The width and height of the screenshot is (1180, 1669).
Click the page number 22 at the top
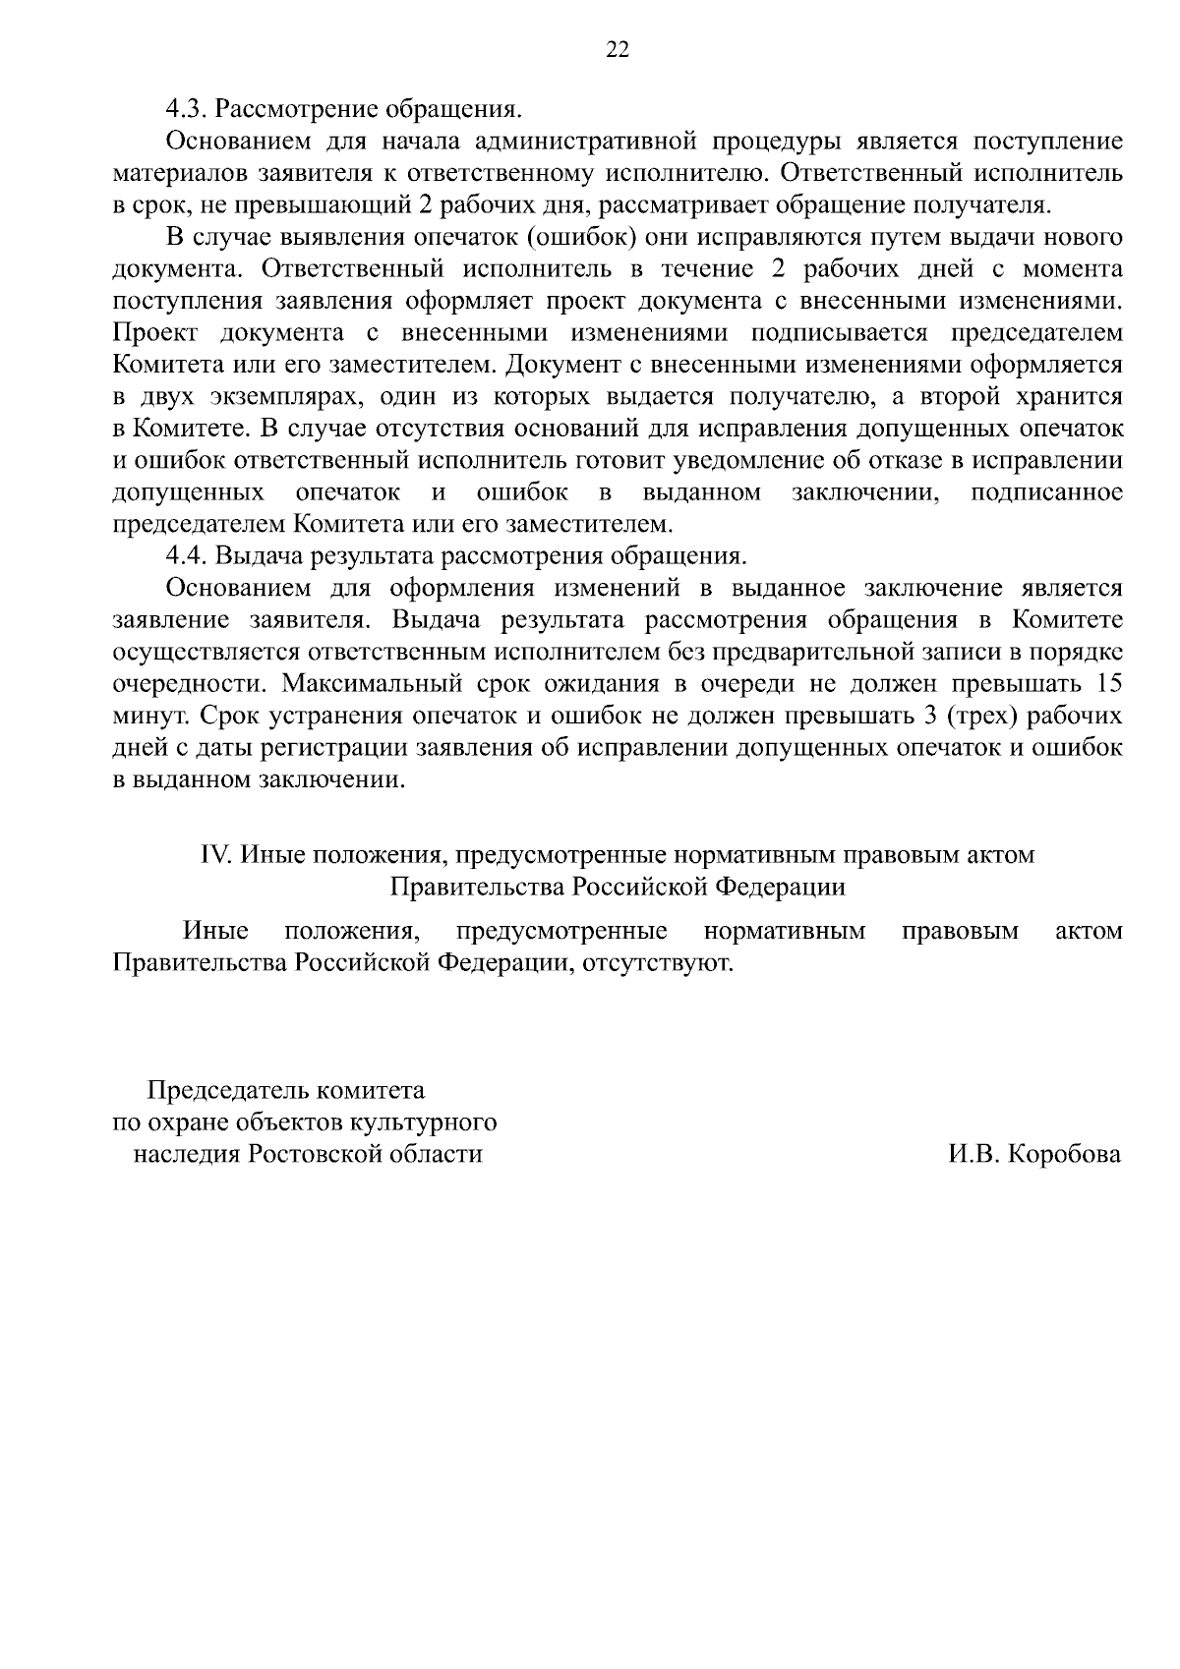[618, 51]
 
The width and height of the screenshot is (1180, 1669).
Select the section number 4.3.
[187, 108]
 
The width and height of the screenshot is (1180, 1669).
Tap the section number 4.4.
[187, 555]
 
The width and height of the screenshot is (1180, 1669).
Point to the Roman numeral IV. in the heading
[215, 854]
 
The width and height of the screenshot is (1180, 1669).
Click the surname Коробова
[1064, 1154]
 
